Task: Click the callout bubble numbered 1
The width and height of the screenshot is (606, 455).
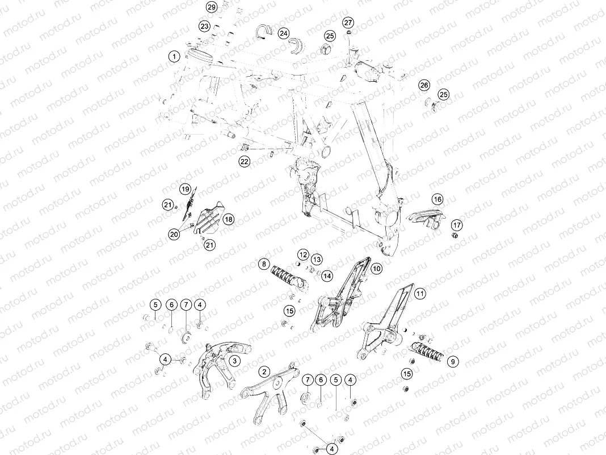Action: (174, 57)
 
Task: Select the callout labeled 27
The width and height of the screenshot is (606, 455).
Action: (348, 23)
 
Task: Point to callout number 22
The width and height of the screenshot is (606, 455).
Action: (244, 161)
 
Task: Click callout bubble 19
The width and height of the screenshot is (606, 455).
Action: (186, 189)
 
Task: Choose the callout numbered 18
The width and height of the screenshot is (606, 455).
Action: (229, 219)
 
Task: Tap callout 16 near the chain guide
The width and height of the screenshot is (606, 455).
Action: (437, 199)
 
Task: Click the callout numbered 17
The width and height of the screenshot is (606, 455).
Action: (457, 225)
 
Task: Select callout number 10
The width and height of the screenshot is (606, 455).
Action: (376, 269)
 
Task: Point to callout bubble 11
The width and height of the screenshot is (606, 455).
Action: (420, 294)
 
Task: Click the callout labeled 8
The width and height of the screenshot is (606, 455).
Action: (264, 265)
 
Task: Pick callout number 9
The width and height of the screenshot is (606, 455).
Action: (453, 362)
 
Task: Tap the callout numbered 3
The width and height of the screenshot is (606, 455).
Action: (234, 361)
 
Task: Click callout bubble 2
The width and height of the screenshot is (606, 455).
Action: (264, 372)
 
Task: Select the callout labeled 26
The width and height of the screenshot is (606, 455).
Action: (424, 85)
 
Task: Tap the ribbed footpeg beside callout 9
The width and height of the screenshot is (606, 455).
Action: (428, 353)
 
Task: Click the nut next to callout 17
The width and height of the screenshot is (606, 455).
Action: (455, 236)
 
